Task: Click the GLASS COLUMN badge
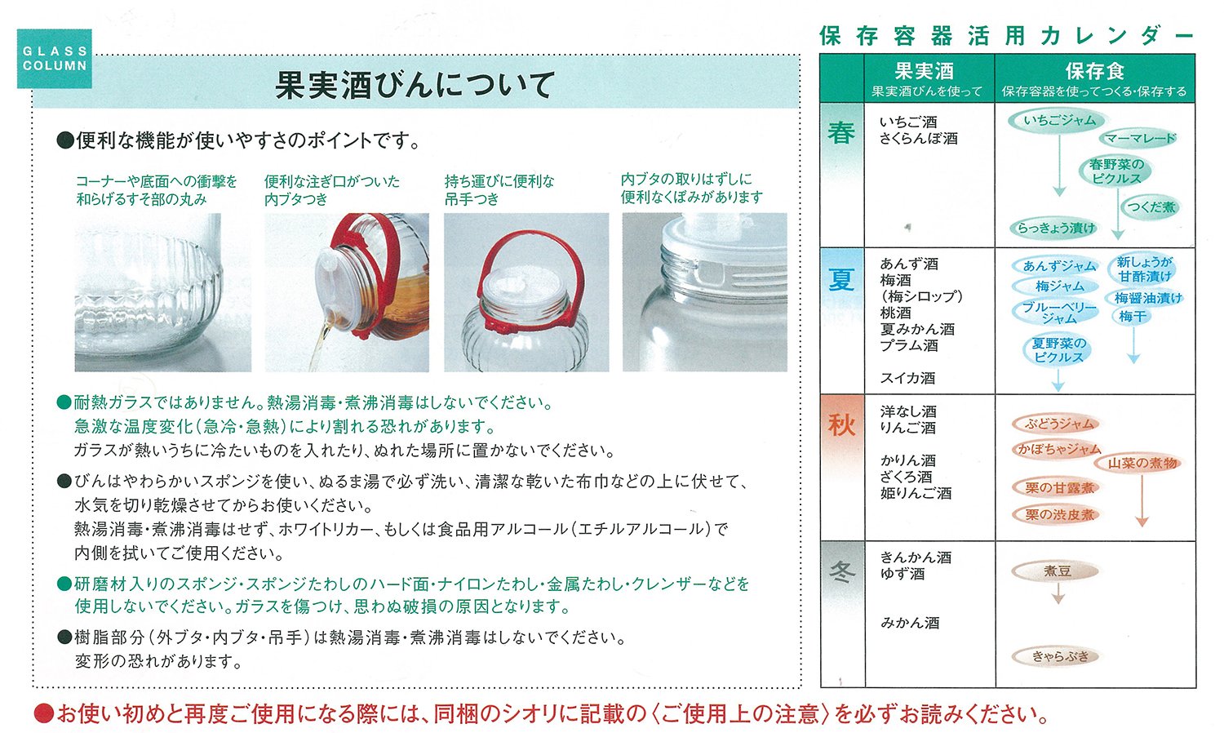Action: point(54,59)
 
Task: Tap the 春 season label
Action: point(841,132)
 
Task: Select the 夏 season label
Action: point(841,279)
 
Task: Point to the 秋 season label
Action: point(841,424)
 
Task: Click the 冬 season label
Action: point(841,571)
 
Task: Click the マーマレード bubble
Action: point(1140,138)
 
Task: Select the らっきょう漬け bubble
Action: point(1055,229)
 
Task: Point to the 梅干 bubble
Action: point(1132,317)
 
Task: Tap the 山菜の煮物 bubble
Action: point(1142,464)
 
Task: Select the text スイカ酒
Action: point(907,378)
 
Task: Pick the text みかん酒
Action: point(909,623)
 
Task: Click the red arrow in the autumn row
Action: point(1142,500)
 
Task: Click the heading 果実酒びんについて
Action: point(415,85)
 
